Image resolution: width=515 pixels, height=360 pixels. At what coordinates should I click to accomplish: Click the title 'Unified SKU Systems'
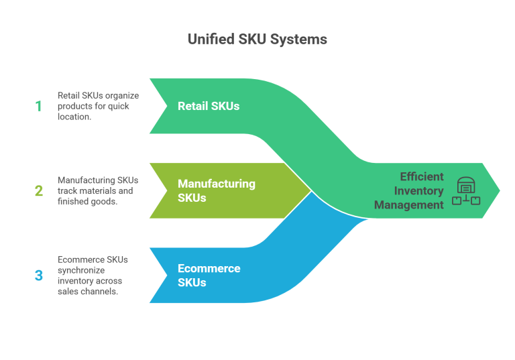[x=257, y=40]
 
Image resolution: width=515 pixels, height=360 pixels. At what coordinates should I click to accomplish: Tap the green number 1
[x=38, y=106]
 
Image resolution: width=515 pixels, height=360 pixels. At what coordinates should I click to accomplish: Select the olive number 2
[x=39, y=190]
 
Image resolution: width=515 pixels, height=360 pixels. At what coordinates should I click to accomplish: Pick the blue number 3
[x=38, y=275]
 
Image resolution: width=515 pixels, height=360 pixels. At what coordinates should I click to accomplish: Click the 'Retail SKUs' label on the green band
[x=209, y=106]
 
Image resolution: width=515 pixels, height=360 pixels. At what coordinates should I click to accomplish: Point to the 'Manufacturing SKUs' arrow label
[x=217, y=190]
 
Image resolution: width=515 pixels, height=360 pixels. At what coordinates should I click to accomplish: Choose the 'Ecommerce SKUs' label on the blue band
[x=209, y=275]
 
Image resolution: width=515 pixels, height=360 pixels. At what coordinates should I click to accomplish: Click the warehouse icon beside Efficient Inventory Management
[x=466, y=190]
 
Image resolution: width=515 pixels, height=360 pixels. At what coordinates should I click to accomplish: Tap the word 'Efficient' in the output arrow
[x=422, y=176]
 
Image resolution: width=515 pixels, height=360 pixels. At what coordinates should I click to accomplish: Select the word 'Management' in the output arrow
[x=409, y=204]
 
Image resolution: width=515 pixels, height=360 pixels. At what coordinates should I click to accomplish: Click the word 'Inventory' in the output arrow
[x=418, y=190]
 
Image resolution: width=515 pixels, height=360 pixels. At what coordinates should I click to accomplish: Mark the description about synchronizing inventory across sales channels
[x=95, y=275]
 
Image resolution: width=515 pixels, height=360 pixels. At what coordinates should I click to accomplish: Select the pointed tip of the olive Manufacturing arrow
[x=310, y=190]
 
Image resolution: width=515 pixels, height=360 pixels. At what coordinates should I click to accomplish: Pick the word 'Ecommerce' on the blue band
[x=209, y=268]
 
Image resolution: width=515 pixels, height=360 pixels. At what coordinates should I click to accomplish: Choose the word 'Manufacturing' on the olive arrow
[x=217, y=184]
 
